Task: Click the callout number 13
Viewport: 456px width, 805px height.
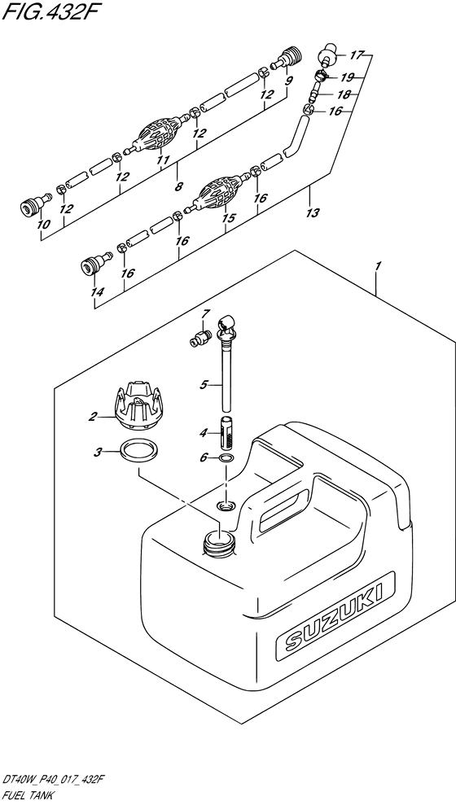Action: pyautogui.click(x=313, y=212)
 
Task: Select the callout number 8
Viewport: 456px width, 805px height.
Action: pyautogui.click(x=178, y=187)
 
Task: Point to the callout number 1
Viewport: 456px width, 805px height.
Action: pyautogui.click(x=378, y=266)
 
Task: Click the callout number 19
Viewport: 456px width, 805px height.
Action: pyautogui.click(x=348, y=77)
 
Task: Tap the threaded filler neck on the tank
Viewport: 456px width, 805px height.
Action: pyautogui.click(x=221, y=544)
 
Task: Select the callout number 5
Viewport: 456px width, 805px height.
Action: pyautogui.click(x=204, y=384)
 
